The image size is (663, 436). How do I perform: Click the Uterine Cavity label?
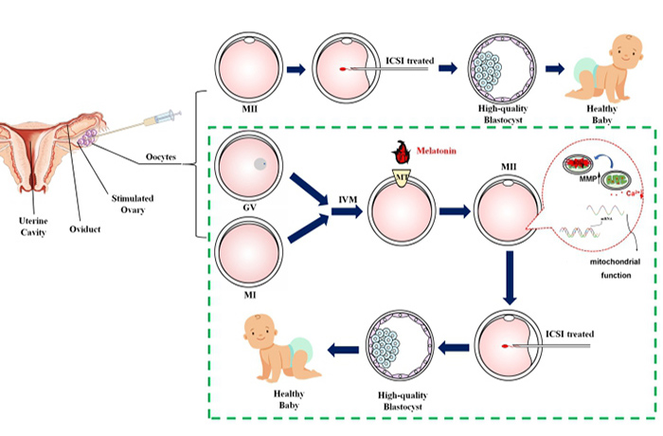point(21,227)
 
